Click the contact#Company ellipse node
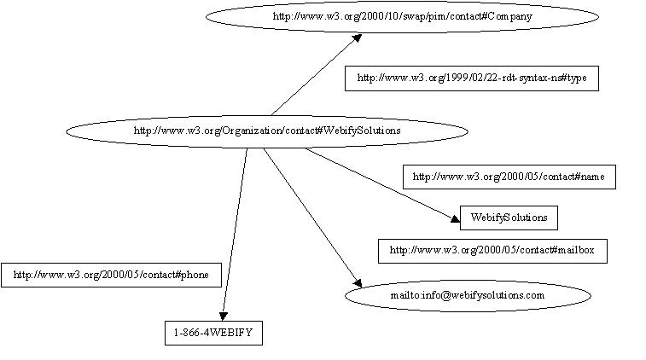tap(402, 15)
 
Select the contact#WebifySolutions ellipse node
tap(266, 131)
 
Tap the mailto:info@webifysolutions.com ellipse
tap(468, 295)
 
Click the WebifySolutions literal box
tap(509, 218)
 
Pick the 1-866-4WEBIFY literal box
tap(212, 332)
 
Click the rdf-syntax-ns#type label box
tap(466, 78)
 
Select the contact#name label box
tap(509, 177)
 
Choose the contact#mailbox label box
tap(492, 251)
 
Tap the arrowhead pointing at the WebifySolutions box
tap(453, 219)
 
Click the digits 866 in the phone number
tap(197, 332)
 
